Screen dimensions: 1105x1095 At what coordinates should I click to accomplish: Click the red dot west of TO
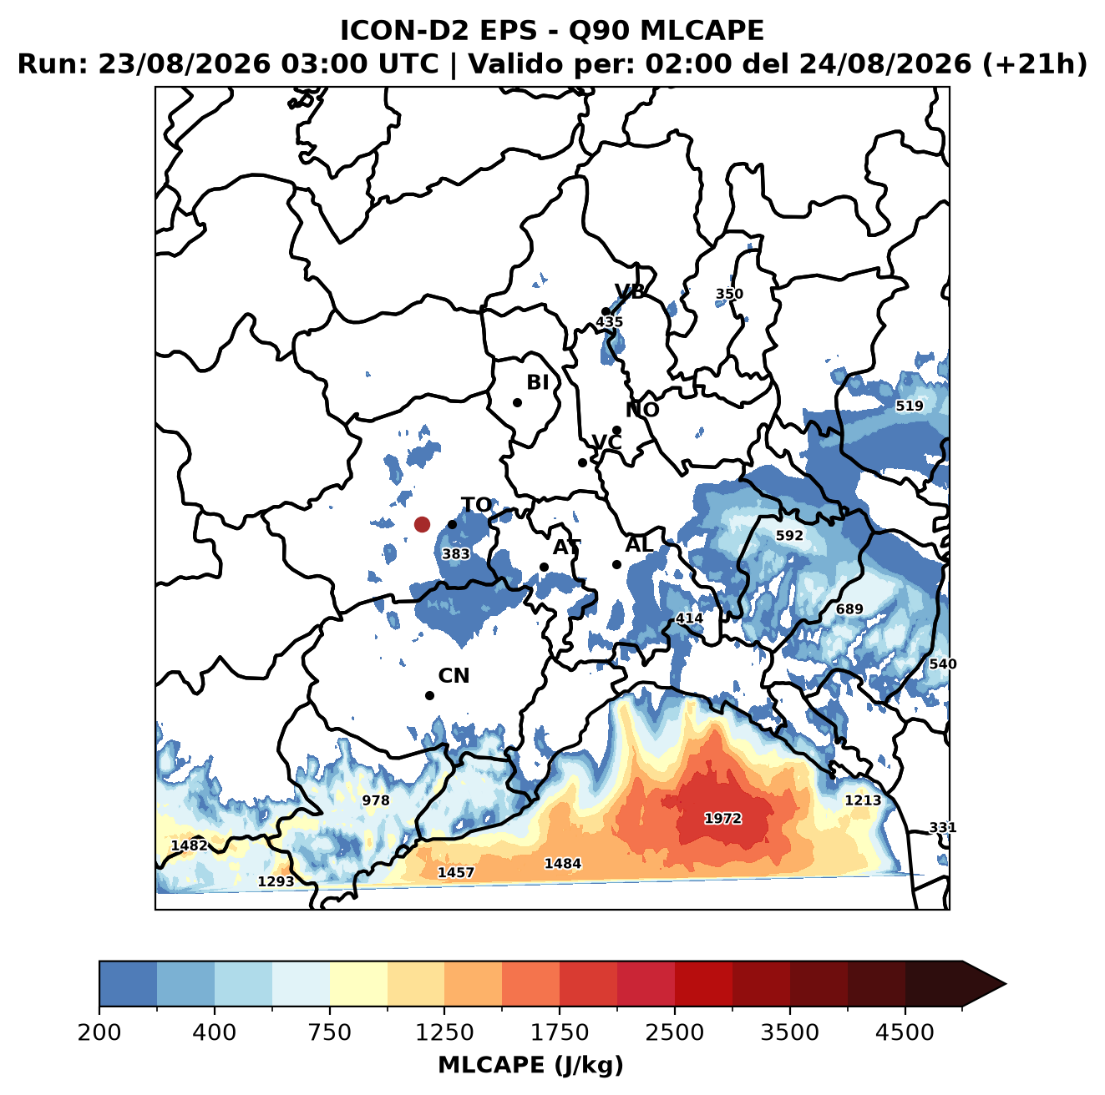tap(422, 524)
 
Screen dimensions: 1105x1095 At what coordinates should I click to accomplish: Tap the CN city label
tap(454, 676)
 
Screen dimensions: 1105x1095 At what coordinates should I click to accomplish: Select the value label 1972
tap(722, 818)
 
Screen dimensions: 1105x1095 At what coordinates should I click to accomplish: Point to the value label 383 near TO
tap(456, 554)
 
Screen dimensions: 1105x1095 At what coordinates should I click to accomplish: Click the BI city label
tap(537, 382)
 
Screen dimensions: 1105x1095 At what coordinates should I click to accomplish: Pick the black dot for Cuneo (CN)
tap(429, 695)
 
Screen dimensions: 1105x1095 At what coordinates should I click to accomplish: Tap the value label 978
tap(376, 800)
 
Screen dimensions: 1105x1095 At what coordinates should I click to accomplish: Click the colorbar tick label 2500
tap(674, 1032)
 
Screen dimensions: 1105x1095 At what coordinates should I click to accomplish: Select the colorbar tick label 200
tap(99, 1032)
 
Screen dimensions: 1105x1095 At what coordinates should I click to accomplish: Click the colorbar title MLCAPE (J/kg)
tap(530, 1065)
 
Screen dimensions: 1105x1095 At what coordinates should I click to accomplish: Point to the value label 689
tap(849, 609)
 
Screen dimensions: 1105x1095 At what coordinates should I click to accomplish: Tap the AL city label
tap(639, 544)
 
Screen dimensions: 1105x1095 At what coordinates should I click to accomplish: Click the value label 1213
tap(863, 800)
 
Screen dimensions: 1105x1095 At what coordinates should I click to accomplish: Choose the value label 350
tap(729, 294)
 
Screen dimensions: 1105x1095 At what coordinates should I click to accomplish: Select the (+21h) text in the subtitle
tap(1035, 64)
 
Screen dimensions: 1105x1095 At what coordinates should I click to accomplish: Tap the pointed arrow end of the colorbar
tap(1006, 984)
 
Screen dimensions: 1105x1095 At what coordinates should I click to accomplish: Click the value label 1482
tap(190, 845)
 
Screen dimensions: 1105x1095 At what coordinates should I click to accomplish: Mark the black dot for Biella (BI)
tap(517, 403)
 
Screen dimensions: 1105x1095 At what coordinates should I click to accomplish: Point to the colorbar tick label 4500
tap(905, 1032)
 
